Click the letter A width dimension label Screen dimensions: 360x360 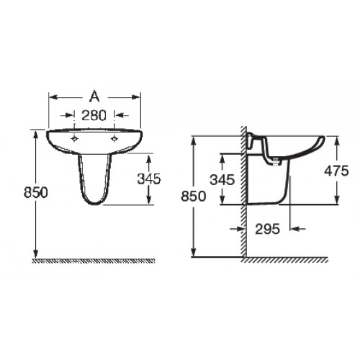[x=94, y=94]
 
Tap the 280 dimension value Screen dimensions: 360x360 [x=94, y=114]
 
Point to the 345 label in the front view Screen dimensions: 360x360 [x=148, y=179]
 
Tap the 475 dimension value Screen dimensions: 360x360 [x=336, y=171]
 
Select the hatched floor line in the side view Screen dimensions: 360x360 [x=288, y=258]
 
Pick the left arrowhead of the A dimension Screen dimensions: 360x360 [x=50, y=94]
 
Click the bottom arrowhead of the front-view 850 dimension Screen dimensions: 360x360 [x=35, y=253]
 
